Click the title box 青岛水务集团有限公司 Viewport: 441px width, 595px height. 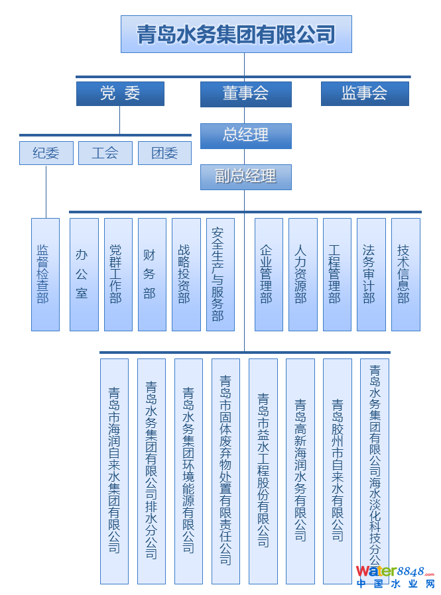(x=236, y=34)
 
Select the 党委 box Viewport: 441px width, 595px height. (x=120, y=93)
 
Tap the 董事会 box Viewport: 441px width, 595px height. (x=246, y=94)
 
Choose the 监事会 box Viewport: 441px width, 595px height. (x=365, y=93)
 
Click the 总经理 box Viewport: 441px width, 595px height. (x=246, y=136)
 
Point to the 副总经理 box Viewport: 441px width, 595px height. (x=246, y=177)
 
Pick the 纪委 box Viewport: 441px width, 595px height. (x=46, y=153)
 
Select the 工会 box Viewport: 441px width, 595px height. (x=105, y=153)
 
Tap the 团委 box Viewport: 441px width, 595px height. (x=164, y=153)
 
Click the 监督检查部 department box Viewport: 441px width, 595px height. (x=45, y=274)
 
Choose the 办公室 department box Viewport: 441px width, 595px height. (x=84, y=274)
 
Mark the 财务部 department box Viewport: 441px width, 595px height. (x=152, y=274)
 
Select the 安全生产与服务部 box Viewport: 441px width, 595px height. (x=220, y=274)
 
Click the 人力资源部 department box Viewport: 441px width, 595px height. (x=302, y=274)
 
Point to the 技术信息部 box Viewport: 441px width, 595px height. (x=405, y=274)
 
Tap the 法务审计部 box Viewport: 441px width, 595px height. (x=371, y=274)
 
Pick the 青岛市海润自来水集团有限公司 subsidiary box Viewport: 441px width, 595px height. (x=114, y=470)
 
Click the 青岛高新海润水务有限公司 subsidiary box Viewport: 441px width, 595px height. (x=300, y=470)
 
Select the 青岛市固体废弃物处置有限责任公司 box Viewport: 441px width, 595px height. (x=225, y=470)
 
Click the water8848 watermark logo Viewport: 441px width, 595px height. (x=395, y=576)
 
